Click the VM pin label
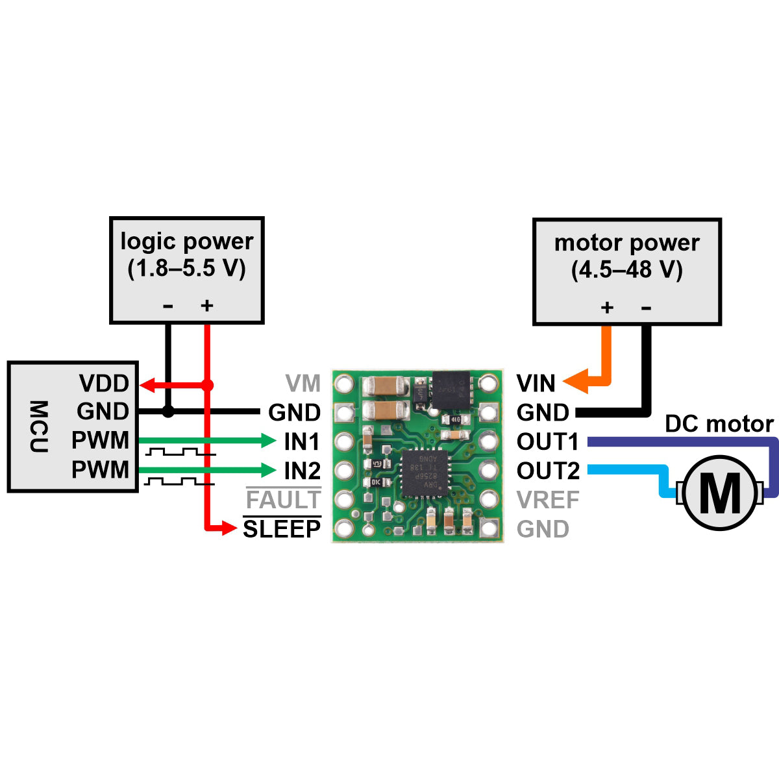coord(303,384)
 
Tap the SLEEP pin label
coord(282,529)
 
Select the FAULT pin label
coord(283,500)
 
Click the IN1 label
coord(302,442)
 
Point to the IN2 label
coord(302,471)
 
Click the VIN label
coord(536,384)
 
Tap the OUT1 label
coord(547,442)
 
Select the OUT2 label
coord(547,471)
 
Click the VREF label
coord(548,500)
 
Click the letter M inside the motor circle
coord(721,493)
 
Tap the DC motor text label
coord(719,424)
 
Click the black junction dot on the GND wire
coord(168,412)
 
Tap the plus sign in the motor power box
coord(607,307)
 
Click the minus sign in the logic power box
coord(168,306)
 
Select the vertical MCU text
coord(39,427)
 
